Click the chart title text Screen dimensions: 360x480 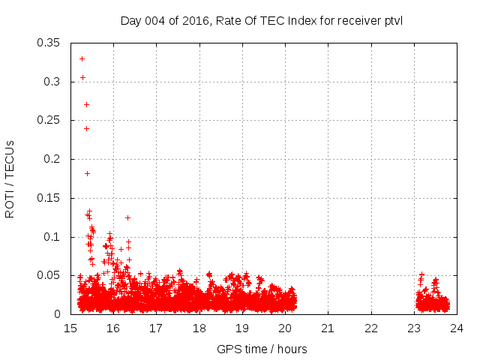pos(261,20)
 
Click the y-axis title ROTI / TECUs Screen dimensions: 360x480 pos(10,178)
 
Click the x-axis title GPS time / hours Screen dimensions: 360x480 pos(261,349)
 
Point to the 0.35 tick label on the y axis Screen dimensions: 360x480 pos(49,43)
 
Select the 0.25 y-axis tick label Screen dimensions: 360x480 pos(49,120)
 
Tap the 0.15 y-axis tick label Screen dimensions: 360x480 pos(49,198)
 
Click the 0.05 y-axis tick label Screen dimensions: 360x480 pos(49,276)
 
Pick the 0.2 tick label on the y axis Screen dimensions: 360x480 pos(52,159)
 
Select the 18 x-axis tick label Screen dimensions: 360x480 pos(199,328)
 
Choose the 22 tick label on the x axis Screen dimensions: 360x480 pos(371,328)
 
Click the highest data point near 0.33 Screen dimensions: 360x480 pos(82,58)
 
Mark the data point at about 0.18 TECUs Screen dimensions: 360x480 pos(87,173)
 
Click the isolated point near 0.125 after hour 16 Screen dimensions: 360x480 pos(127,217)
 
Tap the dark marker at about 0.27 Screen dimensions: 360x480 pos(86,104)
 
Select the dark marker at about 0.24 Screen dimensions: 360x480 pos(86,128)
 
